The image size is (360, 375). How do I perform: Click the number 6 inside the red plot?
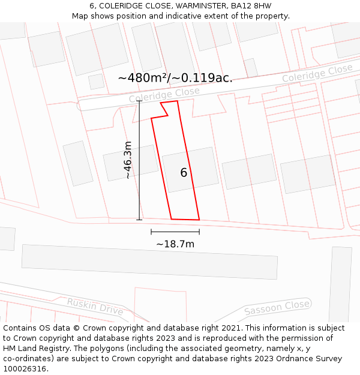tap(184, 173)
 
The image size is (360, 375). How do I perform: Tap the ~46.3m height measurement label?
tap(128, 160)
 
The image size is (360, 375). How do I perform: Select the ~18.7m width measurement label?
tap(175, 244)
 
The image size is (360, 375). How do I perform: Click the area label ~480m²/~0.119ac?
tap(175, 78)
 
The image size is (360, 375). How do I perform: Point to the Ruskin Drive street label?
tap(95, 307)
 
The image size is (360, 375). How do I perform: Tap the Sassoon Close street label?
tap(277, 308)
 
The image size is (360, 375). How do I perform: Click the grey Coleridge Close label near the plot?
tap(164, 95)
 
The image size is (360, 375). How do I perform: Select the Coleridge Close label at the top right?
tap(317, 75)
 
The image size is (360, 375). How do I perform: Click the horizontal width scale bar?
tap(175, 232)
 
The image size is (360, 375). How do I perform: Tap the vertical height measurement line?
tap(139, 160)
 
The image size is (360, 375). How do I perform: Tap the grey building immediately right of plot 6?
tap(249, 172)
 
